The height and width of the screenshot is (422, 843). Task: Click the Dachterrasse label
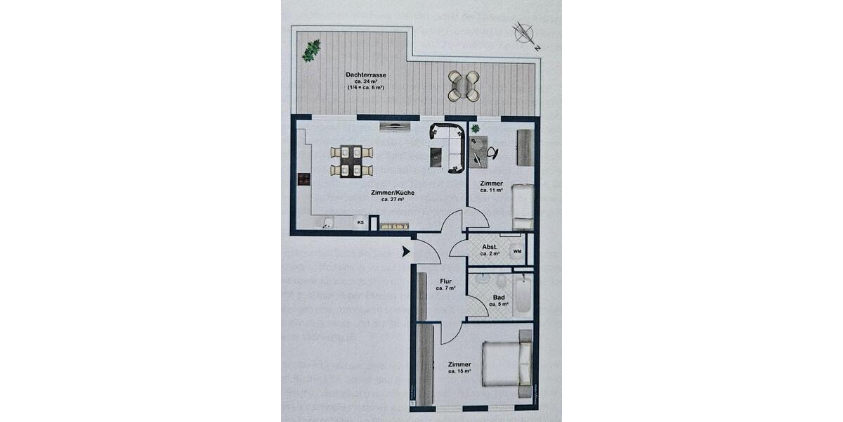point(365,75)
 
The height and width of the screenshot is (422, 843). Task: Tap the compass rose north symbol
point(524,33)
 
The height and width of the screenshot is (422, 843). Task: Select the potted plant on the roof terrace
point(311,50)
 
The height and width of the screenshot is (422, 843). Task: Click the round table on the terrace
point(464,85)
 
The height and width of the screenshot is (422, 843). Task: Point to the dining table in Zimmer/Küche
point(351,161)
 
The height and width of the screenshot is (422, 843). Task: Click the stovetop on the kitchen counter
point(303,179)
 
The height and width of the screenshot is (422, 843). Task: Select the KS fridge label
point(360,223)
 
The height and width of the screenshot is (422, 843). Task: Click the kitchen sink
point(327,224)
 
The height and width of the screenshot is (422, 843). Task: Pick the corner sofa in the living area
point(450,146)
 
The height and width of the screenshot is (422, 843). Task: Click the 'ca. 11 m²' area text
point(491,190)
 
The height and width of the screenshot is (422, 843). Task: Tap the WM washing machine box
point(517,251)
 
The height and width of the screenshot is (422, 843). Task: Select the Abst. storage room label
point(490,247)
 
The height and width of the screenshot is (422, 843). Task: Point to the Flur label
point(445,281)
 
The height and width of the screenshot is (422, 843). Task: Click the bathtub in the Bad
point(523,296)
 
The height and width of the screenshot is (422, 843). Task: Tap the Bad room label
point(499,298)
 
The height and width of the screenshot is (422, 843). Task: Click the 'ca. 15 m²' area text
point(459,371)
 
